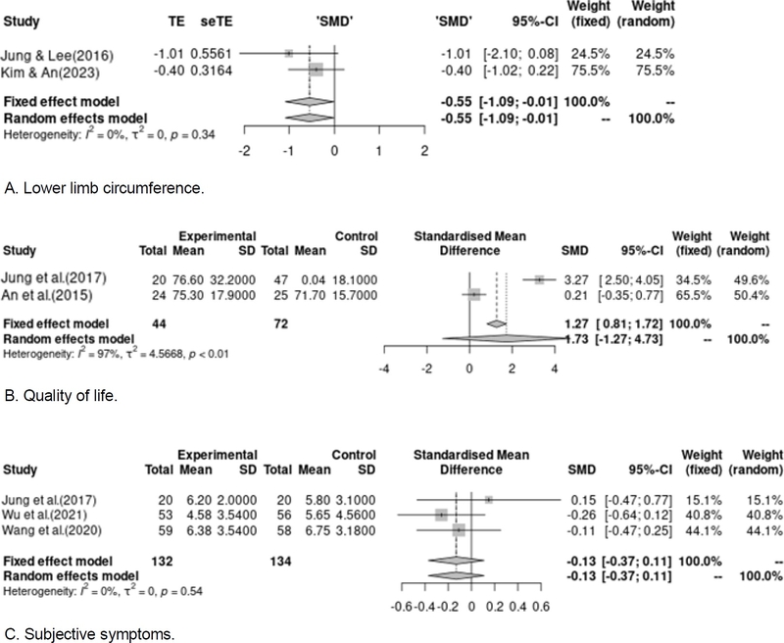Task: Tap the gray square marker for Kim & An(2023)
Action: [316, 70]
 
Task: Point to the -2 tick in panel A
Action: [244, 151]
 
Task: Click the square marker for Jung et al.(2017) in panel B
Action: [539, 279]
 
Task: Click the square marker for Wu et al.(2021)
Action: [441, 514]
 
